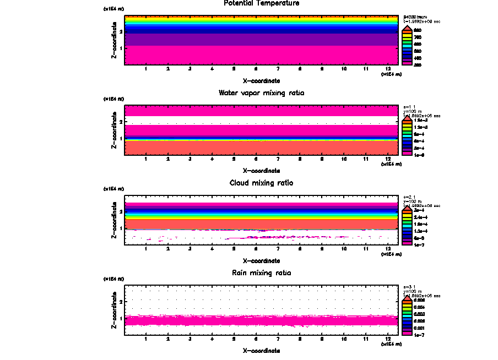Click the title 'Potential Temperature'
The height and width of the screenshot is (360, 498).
coord(262,3)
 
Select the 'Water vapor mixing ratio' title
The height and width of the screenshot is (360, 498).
coord(262,93)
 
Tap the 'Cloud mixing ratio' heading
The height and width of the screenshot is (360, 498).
coord(262,183)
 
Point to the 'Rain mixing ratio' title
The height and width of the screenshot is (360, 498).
coord(262,273)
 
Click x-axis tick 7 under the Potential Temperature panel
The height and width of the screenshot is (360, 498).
coord(278,69)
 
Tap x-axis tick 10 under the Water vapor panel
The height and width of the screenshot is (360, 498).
coord(344,159)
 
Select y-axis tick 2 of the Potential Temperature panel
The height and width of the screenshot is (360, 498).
coord(120,31)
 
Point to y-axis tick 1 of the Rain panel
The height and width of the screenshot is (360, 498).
coord(120,319)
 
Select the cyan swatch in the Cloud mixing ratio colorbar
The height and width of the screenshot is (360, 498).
coord(407,225)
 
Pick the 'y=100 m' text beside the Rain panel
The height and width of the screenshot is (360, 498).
coord(412,291)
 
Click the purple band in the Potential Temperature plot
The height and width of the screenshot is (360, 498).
coord(262,40)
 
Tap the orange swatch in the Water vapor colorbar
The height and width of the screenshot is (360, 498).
coord(407,121)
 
